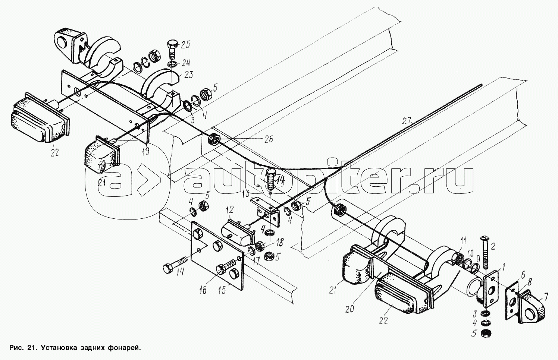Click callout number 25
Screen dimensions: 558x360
tap(185, 45)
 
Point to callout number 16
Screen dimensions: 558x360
tap(203, 290)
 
